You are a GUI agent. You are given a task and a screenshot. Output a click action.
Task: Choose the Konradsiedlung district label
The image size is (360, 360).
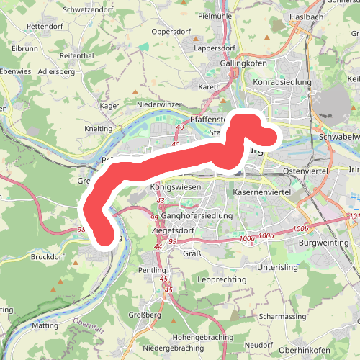tap(282, 82)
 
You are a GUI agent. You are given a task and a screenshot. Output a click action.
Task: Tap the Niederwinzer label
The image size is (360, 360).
tap(159, 104)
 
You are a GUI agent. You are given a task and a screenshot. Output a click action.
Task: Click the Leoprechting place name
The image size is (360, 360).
tap(222, 279)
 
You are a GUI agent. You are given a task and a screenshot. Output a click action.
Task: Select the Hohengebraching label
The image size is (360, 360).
tap(203, 337)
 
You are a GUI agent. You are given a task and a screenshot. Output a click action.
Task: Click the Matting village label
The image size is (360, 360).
tap(45, 325)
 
